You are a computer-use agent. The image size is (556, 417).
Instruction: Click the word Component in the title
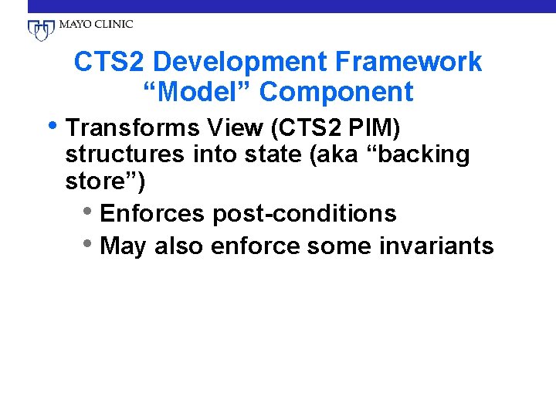click(337, 92)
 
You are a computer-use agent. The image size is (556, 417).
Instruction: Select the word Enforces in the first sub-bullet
click(156, 214)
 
